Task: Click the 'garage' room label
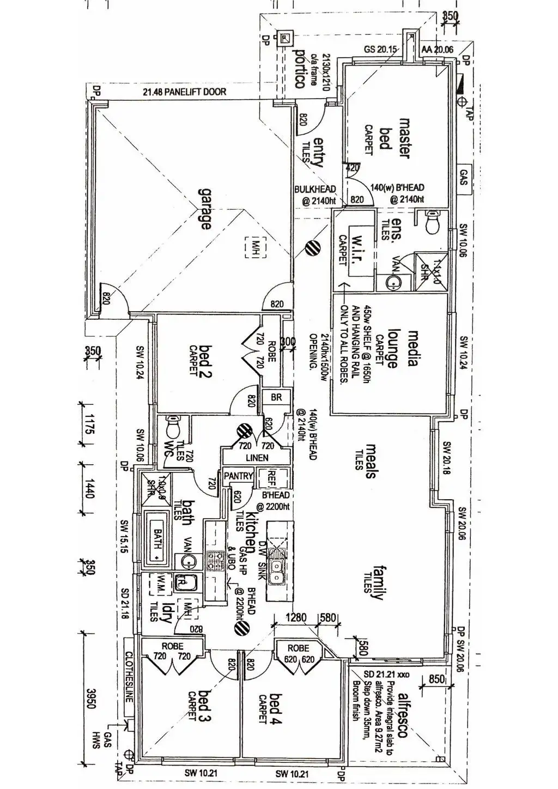point(204,209)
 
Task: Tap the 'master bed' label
point(395,138)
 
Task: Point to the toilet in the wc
point(173,427)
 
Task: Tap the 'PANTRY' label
point(238,476)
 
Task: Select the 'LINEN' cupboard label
point(257,458)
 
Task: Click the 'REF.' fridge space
point(272,479)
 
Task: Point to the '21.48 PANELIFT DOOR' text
point(184,92)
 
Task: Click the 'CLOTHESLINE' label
point(129,676)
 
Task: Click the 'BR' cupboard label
point(276,397)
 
